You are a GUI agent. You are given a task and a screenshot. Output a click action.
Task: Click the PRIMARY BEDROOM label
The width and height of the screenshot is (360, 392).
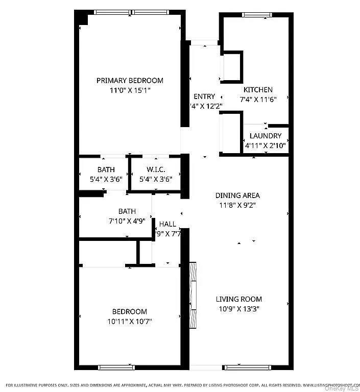click(x=130, y=80)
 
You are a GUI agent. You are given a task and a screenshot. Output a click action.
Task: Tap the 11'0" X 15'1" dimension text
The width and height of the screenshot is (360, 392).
click(x=130, y=90)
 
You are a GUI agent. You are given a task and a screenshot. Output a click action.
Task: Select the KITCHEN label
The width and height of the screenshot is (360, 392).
click(x=257, y=89)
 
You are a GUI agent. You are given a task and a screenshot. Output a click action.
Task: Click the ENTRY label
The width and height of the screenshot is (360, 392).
click(x=204, y=96)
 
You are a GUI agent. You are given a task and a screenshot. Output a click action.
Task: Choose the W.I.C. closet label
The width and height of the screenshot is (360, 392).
click(x=156, y=169)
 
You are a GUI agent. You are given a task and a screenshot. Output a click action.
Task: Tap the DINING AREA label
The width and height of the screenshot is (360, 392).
click(x=237, y=195)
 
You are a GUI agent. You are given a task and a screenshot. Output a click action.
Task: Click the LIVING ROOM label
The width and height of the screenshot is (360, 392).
click(x=238, y=299)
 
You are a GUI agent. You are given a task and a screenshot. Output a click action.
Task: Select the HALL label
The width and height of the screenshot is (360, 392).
click(x=167, y=224)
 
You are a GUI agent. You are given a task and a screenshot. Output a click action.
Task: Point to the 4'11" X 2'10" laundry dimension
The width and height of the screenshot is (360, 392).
click(x=265, y=145)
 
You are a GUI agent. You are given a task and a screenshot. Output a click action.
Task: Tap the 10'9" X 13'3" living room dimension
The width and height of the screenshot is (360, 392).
click(x=238, y=309)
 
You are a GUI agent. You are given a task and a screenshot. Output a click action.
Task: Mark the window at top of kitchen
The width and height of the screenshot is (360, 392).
click(x=257, y=15)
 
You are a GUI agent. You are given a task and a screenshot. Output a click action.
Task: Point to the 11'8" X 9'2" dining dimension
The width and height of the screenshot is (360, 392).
click(x=237, y=205)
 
